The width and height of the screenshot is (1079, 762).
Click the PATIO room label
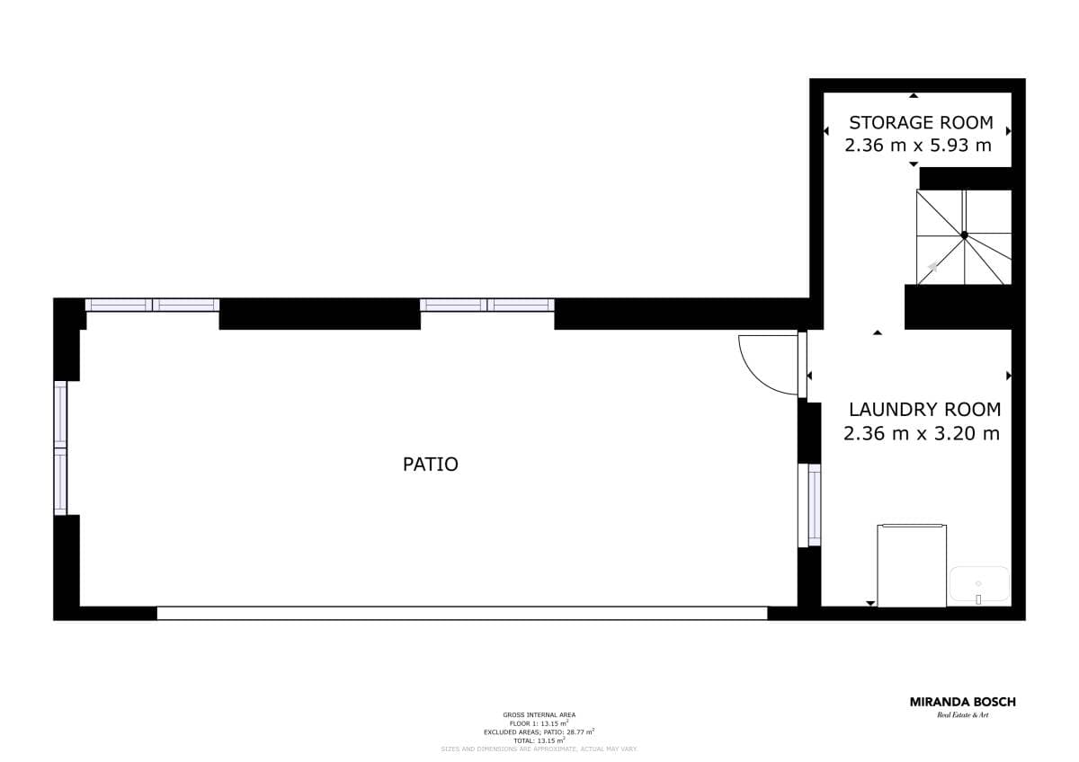(x=430, y=465)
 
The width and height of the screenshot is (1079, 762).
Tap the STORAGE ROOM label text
(x=921, y=123)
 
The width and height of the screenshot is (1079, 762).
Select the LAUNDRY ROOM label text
(x=924, y=410)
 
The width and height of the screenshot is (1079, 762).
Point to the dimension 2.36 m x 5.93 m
(x=918, y=146)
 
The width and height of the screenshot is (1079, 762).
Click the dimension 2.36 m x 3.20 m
(x=922, y=434)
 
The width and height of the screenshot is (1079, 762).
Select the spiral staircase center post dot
(x=964, y=235)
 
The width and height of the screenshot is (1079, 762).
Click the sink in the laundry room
(x=979, y=584)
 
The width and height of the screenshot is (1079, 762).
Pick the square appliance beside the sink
(x=912, y=566)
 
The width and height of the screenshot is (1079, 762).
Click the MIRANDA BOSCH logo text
(x=962, y=702)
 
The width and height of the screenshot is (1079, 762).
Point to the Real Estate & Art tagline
(x=962, y=715)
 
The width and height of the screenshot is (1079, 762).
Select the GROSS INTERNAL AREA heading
(x=539, y=714)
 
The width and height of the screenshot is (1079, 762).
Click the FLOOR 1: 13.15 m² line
(x=539, y=722)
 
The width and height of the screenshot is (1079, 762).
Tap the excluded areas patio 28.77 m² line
(x=539, y=731)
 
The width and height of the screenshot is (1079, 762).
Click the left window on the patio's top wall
(x=152, y=306)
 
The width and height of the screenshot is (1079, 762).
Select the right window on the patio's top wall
(x=486, y=306)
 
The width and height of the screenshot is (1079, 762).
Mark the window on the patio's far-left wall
(x=60, y=447)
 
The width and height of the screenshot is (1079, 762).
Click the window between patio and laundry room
(x=809, y=504)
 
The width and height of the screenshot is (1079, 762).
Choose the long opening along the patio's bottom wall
(x=462, y=613)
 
